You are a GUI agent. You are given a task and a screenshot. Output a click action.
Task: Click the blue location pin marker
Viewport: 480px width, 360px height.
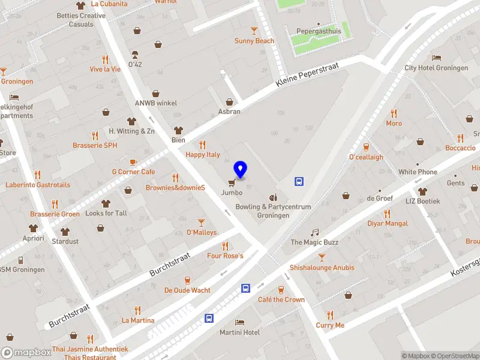point(241,170)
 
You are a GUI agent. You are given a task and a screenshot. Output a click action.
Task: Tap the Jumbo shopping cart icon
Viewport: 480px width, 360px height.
point(232,182)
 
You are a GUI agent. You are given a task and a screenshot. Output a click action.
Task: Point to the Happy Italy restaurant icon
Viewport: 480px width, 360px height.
point(202,144)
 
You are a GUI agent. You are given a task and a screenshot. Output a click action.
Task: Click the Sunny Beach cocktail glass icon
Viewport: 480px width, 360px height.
point(254,31)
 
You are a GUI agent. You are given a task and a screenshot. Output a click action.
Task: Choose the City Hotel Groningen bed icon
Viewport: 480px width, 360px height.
point(436,58)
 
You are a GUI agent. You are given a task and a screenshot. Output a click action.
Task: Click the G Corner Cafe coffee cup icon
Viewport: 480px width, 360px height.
point(133,162)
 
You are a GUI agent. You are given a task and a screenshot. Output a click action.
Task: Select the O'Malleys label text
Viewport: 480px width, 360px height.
point(202,232)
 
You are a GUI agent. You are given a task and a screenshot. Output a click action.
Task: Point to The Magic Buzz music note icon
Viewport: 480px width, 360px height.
point(314,232)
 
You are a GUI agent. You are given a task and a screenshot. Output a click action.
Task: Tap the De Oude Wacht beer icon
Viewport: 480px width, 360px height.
point(187,280)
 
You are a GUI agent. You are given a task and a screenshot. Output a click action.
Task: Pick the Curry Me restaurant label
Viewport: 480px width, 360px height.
point(330,325)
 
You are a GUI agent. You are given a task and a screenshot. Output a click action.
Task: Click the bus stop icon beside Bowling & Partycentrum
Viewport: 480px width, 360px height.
point(299,181)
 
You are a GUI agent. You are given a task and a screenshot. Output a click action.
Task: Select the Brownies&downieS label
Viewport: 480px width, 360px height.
point(175,188)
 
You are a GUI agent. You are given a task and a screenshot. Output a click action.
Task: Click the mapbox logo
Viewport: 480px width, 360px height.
point(26,353)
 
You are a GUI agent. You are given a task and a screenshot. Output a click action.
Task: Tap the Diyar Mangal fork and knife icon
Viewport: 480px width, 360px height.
point(387,214)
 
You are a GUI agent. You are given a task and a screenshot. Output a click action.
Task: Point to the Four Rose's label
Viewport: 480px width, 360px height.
point(225,256)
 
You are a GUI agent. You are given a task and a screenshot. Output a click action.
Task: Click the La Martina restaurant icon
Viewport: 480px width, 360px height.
point(137,310)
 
